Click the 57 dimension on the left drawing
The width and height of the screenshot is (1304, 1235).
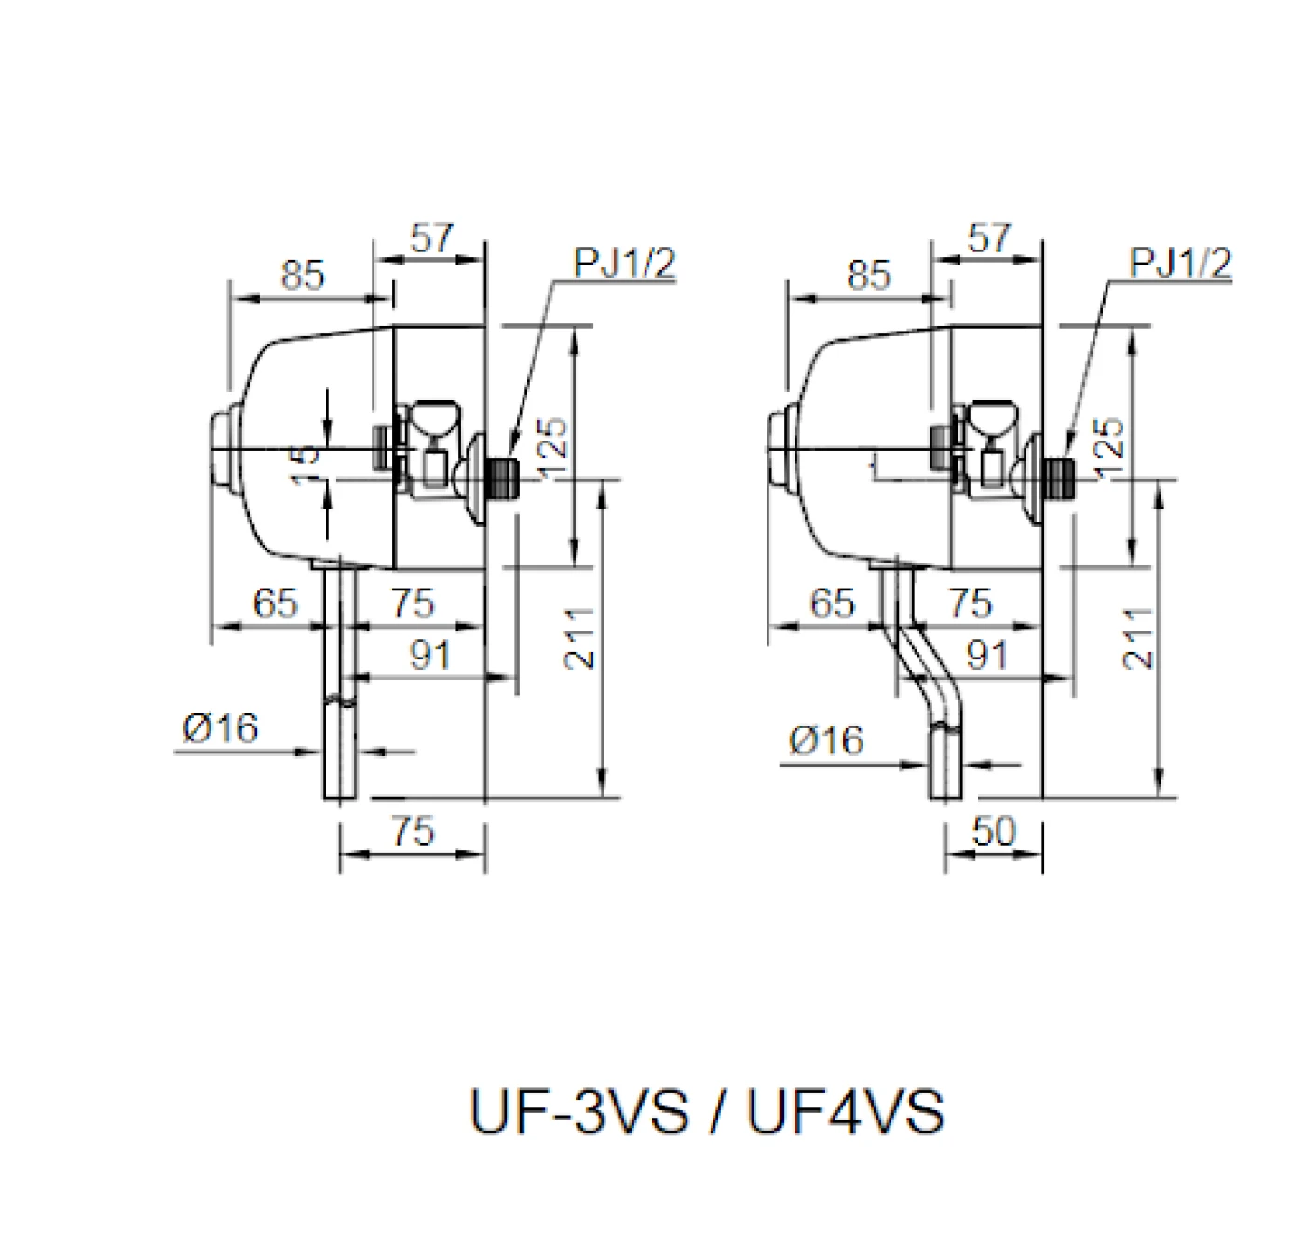click(x=431, y=239)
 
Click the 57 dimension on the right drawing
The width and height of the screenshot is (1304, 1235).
click(x=988, y=239)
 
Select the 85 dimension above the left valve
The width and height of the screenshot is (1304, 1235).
click(x=303, y=276)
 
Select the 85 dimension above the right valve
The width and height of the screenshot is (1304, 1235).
click(x=868, y=276)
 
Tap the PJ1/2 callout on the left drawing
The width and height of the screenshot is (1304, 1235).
click(x=623, y=264)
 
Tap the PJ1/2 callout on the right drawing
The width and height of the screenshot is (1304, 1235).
click(x=1180, y=264)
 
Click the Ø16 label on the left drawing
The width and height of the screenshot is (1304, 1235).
click(x=221, y=728)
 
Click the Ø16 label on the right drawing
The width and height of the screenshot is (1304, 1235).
click(x=826, y=740)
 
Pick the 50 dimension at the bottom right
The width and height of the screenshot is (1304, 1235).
click(x=994, y=831)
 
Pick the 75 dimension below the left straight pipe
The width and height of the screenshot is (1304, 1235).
click(x=413, y=831)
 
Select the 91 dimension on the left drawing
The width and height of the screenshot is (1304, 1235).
click(x=430, y=656)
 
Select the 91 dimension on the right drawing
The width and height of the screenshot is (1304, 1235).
click(x=987, y=656)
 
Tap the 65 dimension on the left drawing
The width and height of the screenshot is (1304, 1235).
click(x=275, y=604)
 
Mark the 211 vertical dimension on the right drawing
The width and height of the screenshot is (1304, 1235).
click(x=1138, y=638)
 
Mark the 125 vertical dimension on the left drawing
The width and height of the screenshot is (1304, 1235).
click(x=551, y=449)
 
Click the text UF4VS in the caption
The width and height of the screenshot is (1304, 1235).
click(x=846, y=1112)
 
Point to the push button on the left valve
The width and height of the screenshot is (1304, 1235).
click(x=222, y=449)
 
